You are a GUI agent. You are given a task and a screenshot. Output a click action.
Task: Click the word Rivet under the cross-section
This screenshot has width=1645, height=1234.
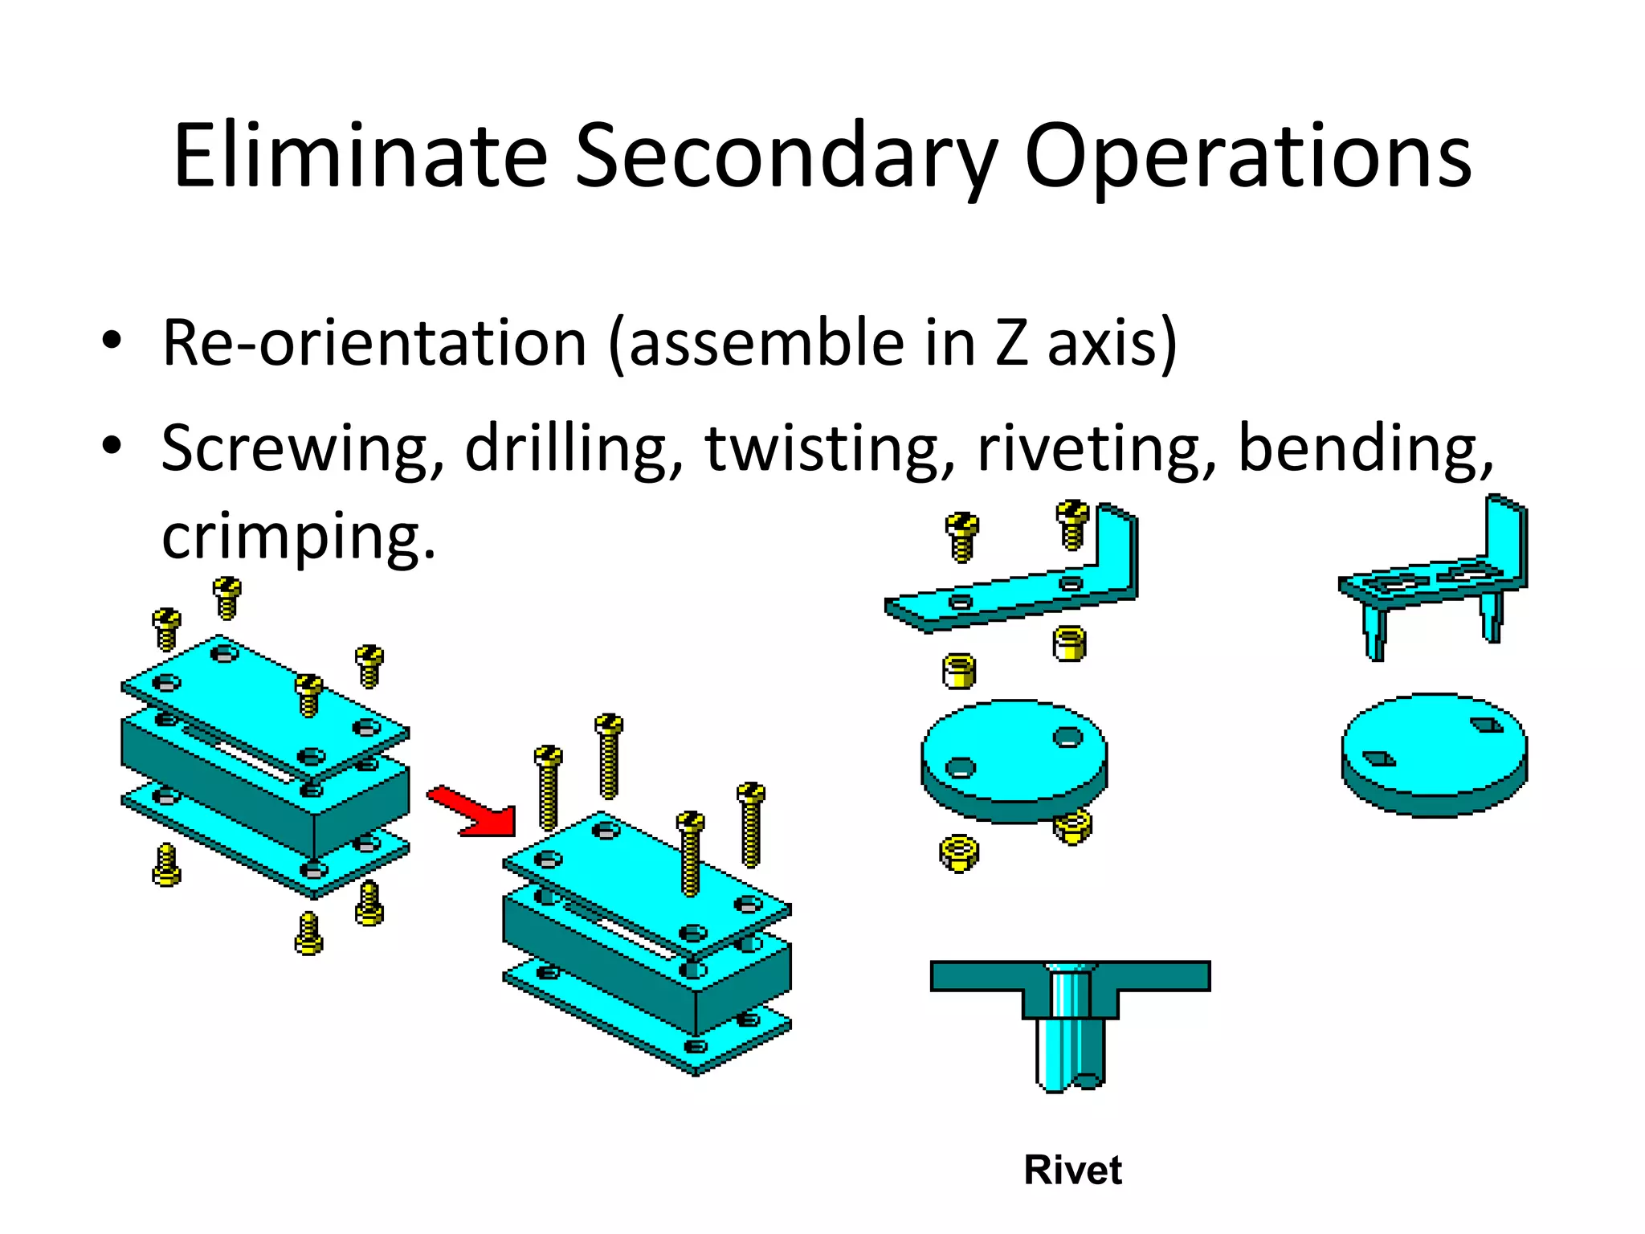click(1072, 1170)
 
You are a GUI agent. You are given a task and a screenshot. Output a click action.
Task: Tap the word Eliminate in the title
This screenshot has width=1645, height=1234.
click(360, 156)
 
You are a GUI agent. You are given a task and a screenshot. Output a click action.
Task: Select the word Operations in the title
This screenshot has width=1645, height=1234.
click(1247, 156)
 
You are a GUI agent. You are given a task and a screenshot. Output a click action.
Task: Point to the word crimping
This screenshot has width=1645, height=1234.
click(298, 537)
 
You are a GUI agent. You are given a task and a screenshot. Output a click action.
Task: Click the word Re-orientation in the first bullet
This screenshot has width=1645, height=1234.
click(374, 343)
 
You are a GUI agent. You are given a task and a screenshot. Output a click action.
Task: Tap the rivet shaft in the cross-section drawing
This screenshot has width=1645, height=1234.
click(1070, 1028)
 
